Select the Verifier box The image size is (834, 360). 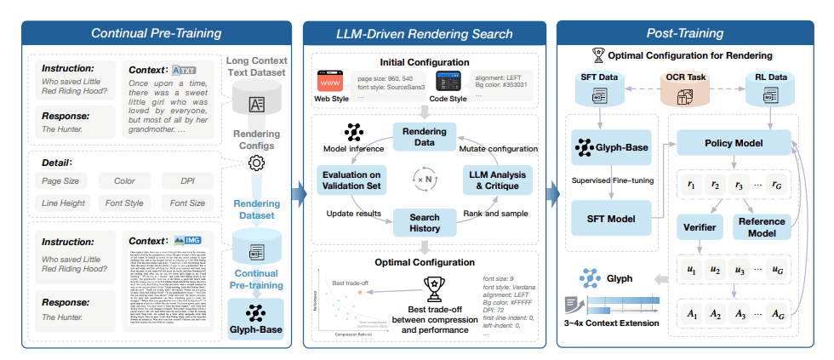pos(699,226)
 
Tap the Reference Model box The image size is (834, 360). pos(762,226)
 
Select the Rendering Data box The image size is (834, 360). pos(423,136)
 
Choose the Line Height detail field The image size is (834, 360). pos(65,204)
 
